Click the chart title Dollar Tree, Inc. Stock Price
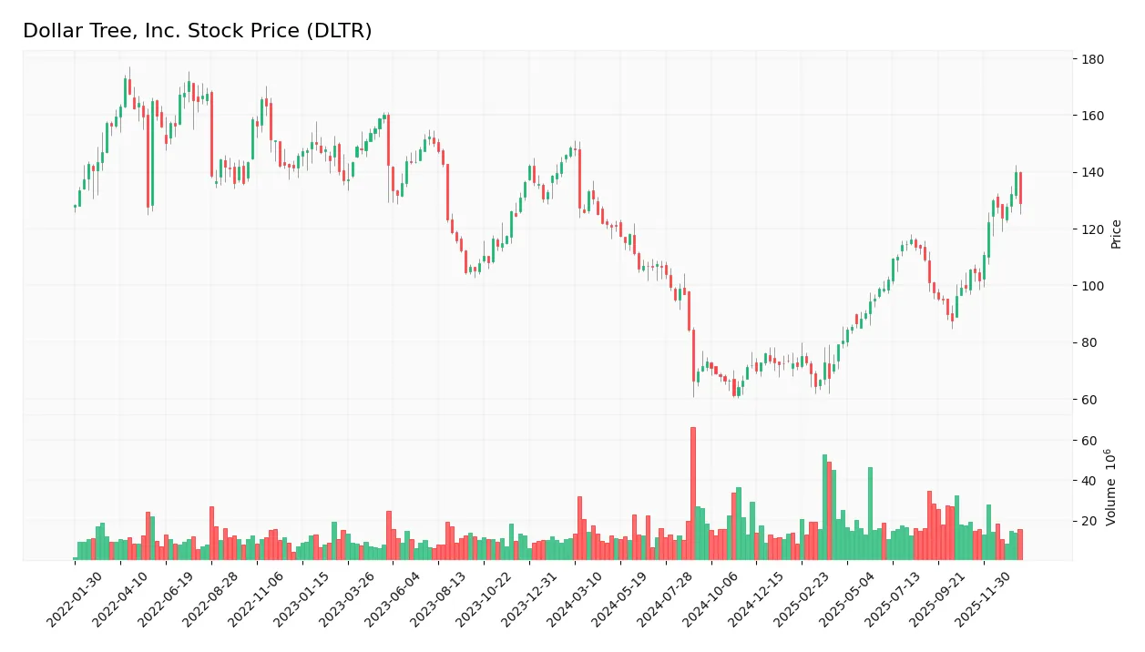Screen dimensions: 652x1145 pyautogui.click(x=197, y=31)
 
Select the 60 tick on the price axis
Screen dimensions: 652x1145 pyautogui.click(x=1089, y=400)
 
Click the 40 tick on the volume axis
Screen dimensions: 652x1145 pyautogui.click(x=1089, y=481)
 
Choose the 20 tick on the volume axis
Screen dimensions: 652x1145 pyautogui.click(x=1089, y=521)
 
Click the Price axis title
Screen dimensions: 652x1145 pyautogui.click(x=1116, y=234)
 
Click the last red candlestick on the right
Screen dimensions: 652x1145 pyautogui.click(x=1020, y=188)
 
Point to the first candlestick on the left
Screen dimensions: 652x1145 pyautogui.click(x=75, y=207)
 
